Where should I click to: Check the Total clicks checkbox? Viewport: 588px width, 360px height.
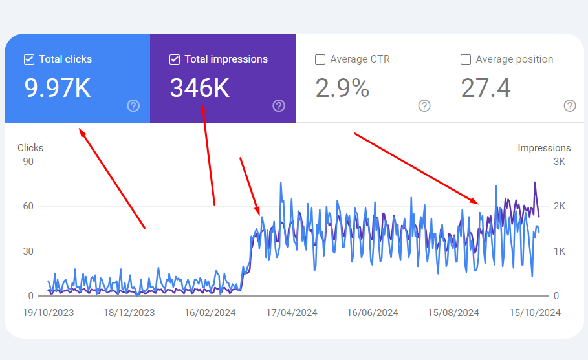click(28, 59)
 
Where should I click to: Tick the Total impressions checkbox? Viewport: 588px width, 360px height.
click(174, 59)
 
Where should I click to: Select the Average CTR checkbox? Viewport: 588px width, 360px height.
click(320, 59)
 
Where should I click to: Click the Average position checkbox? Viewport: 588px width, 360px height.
click(465, 59)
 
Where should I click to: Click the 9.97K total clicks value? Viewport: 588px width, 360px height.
click(58, 89)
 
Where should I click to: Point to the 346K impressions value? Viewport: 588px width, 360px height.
click(200, 89)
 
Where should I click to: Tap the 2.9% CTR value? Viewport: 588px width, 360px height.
click(342, 89)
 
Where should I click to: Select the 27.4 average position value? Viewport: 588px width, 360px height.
click(486, 89)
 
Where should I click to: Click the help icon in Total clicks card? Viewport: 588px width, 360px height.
click(133, 106)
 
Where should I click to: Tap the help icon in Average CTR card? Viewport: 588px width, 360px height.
click(424, 106)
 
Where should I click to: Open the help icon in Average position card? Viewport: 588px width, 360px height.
click(570, 106)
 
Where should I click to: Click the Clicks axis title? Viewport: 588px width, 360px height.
click(30, 148)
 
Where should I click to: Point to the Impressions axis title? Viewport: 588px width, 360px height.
click(544, 148)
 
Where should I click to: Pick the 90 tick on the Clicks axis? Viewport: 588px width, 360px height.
click(28, 162)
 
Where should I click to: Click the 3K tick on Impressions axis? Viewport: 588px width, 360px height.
click(560, 162)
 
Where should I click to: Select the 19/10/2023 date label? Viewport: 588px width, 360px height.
click(49, 313)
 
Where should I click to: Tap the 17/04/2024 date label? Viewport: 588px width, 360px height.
click(292, 313)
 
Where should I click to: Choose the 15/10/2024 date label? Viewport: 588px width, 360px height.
click(534, 313)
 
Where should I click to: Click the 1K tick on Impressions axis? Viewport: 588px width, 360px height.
click(560, 251)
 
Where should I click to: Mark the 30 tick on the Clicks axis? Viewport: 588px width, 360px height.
click(28, 251)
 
